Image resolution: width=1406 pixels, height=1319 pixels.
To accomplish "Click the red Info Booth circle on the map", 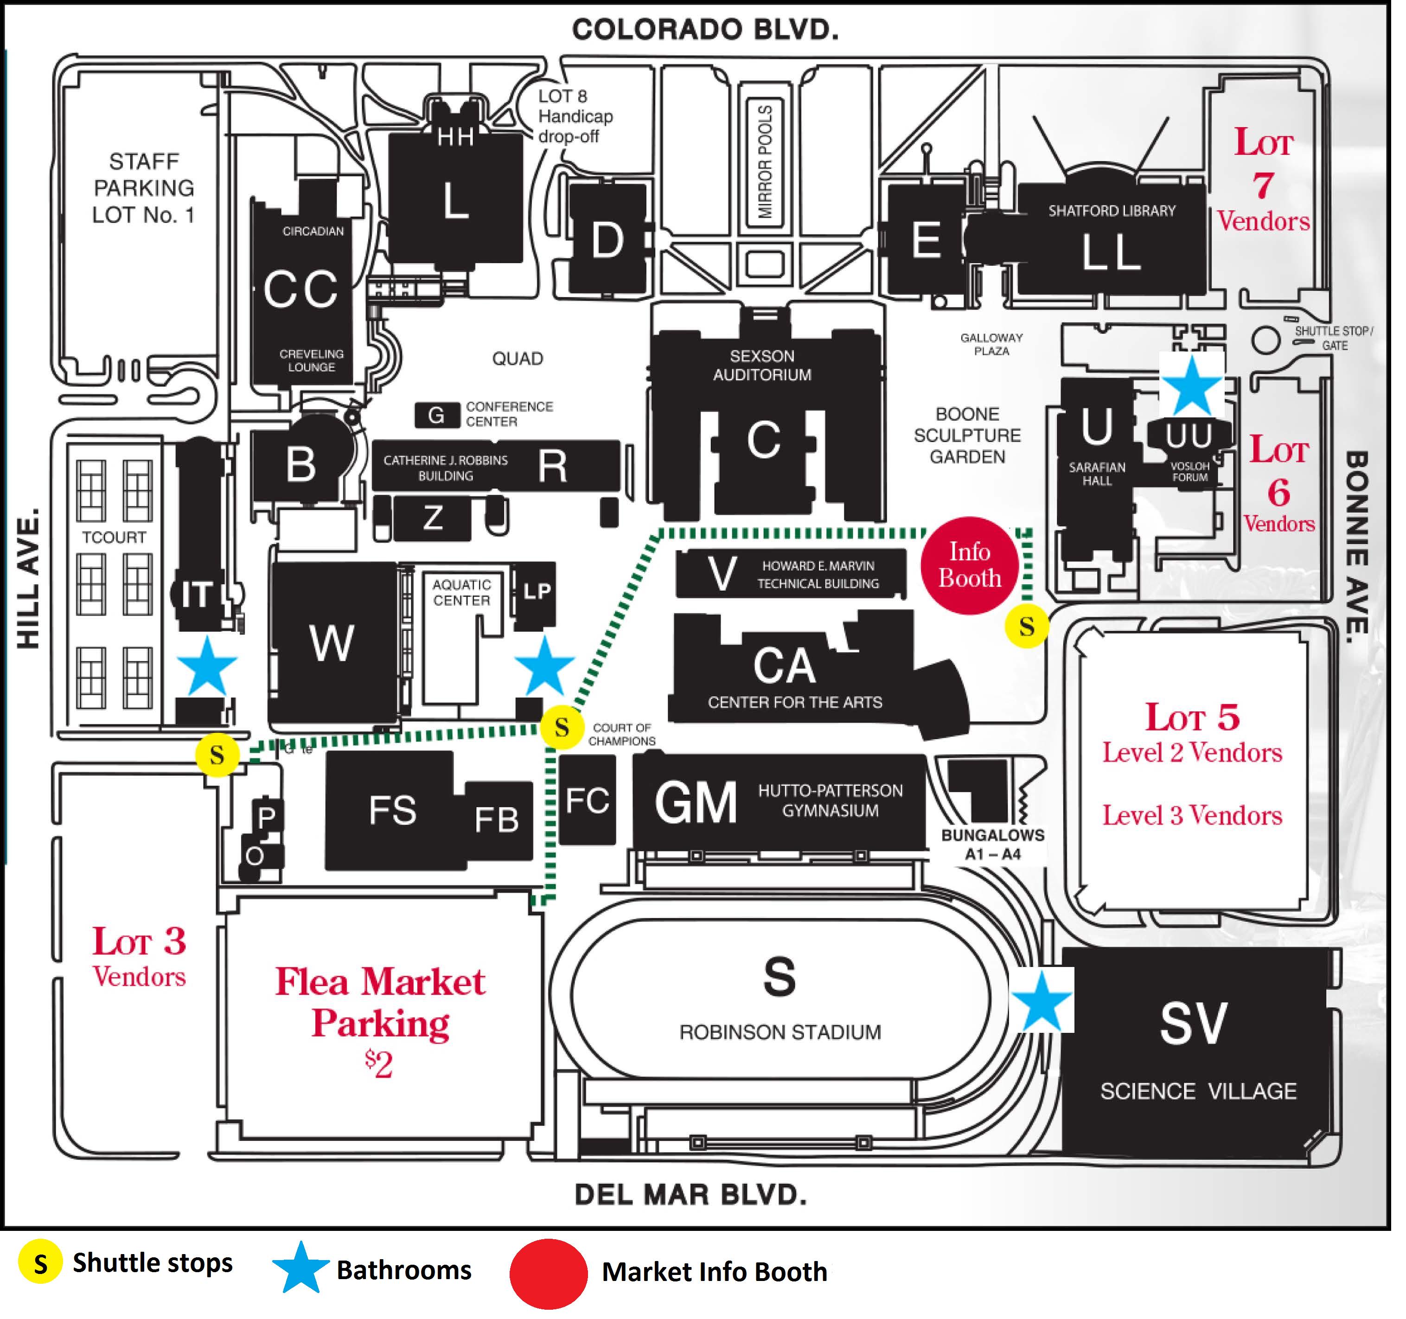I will (979, 571).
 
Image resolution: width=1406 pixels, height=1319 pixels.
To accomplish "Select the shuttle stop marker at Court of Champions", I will (567, 733).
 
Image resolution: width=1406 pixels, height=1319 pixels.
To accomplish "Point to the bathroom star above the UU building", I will (1203, 390).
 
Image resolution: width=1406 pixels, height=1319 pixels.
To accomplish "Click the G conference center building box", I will (441, 419).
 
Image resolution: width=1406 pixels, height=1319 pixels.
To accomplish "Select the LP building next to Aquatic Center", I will (542, 598).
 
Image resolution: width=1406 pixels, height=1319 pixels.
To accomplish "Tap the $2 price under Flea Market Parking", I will (383, 1074).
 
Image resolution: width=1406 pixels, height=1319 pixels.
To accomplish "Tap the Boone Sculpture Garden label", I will (977, 440).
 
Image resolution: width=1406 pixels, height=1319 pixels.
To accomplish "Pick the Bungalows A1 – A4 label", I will (1002, 852).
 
